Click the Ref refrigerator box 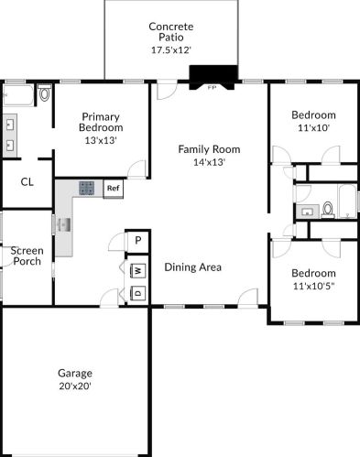point(114,189)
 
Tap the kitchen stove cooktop point(87,188)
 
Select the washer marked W point(138,270)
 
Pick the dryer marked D point(138,293)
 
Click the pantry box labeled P point(138,241)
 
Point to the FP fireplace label point(212,88)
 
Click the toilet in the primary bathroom point(45,93)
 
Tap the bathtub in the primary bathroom point(17,95)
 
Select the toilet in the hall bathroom point(328,210)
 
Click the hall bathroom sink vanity point(308,212)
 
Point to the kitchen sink point(64,225)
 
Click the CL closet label point(27,182)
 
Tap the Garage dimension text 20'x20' point(75,386)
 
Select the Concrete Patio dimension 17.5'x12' point(171,50)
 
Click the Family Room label point(209,149)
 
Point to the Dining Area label point(193,267)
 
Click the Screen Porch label point(27,256)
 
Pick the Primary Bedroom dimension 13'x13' point(101,140)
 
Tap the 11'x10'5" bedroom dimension point(314,287)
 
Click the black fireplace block point(213,75)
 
